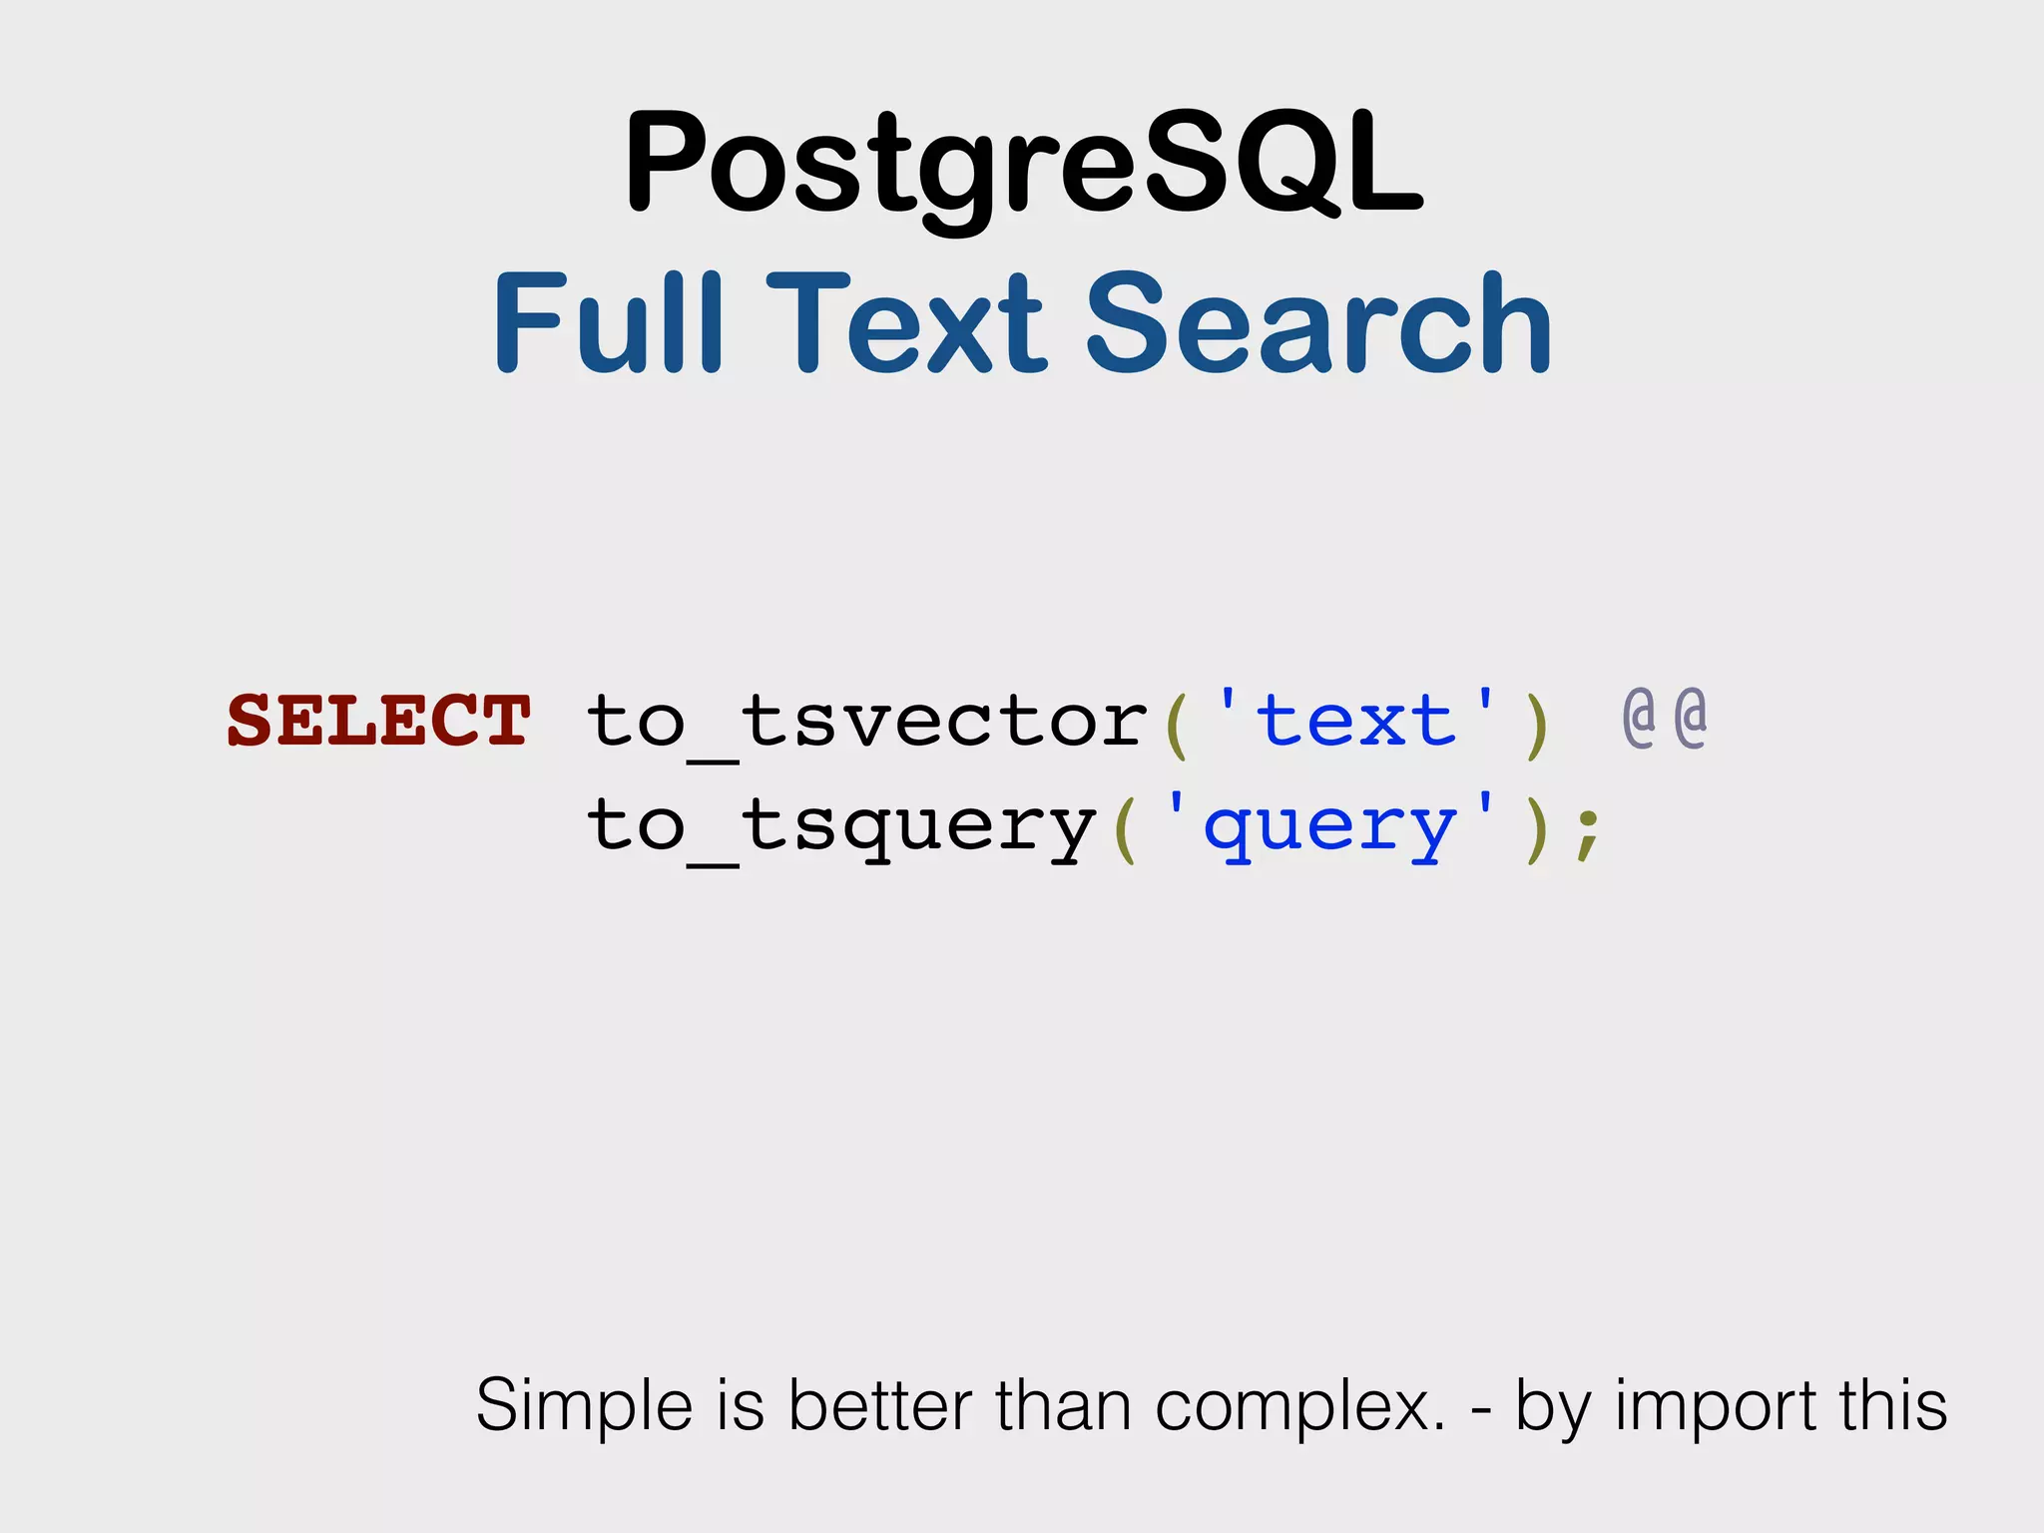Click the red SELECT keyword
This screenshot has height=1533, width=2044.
(x=378, y=720)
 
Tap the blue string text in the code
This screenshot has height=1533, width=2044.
(x=1355, y=720)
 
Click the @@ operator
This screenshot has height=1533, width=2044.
(x=1664, y=718)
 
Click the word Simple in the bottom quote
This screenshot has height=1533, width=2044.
(x=584, y=1406)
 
